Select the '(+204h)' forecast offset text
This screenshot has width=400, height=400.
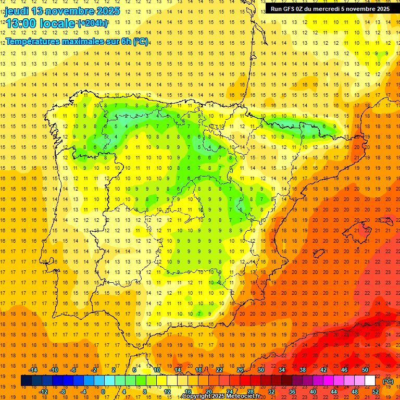pos(93,23)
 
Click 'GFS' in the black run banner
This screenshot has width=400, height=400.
pos(290,9)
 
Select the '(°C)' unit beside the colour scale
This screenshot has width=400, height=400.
pos(388,381)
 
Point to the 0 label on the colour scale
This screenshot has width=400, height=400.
pos(103,392)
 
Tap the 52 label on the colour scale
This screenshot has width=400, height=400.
pos(376,392)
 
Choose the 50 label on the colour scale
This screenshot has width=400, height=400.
pos(365,370)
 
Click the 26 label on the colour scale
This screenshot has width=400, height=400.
pos(240,370)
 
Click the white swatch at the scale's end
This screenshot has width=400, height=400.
pos(370,381)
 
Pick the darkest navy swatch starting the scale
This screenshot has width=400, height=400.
pos(26,381)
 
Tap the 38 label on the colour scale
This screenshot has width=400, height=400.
pos(303,370)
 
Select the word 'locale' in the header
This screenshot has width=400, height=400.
pos(57,23)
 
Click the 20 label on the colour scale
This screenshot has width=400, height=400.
pos(208,392)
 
